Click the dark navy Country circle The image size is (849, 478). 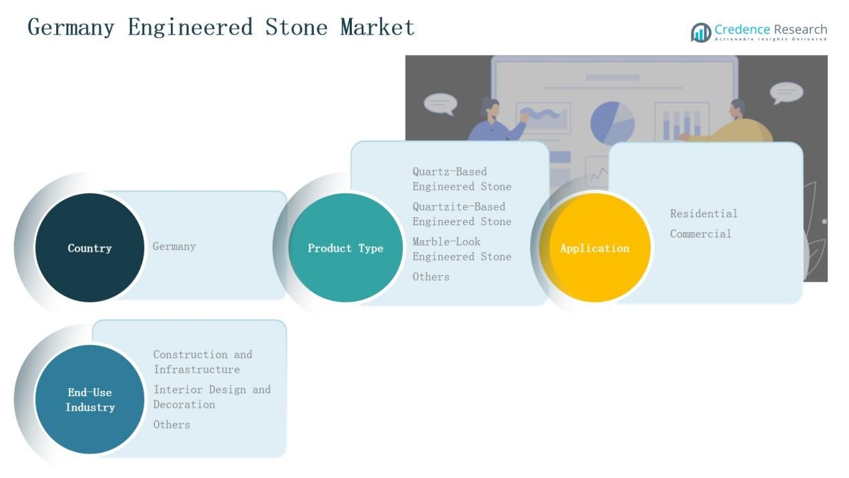click(x=90, y=247)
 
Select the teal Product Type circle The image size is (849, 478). click(x=345, y=247)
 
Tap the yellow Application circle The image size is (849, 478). click(x=595, y=247)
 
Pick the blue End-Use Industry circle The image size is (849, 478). click(x=90, y=400)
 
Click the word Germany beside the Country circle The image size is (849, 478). click(x=174, y=246)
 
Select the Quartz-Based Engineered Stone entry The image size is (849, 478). click(x=462, y=179)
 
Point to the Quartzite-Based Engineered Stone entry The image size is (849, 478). click(x=462, y=214)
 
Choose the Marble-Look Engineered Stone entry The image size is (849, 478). click(x=462, y=249)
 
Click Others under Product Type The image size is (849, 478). click(x=431, y=276)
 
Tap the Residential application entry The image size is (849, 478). click(x=704, y=213)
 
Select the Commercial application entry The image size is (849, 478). click(x=701, y=233)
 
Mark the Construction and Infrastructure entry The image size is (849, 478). click(x=202, y=361)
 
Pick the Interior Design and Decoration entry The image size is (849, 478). click(x=212, y=397)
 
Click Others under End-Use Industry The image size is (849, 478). click(x=172, y=424)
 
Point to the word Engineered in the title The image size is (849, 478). click(x=190, y=27)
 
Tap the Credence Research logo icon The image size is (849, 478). click(x=701, y=32)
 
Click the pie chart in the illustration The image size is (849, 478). click(x=612, y=123)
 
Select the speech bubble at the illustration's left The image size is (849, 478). click(x=440, y=104)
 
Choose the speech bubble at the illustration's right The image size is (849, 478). click(x=786, y=93)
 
